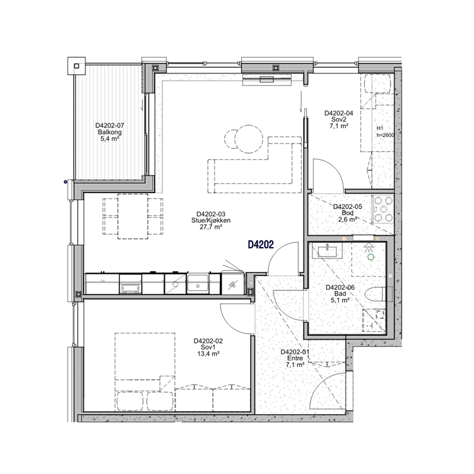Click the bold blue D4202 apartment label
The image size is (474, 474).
261,245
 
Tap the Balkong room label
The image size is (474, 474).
110,132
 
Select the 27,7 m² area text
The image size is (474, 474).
211,227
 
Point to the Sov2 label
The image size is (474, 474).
338,120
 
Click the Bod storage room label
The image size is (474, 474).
347,213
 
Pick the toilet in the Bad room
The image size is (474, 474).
374,294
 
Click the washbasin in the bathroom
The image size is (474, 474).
327,251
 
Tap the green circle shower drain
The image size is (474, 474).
371,257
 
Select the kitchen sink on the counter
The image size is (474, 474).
198,284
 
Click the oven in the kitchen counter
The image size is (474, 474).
130,284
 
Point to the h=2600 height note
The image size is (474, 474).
385,135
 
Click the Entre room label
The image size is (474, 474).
294,358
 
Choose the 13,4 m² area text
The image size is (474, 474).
208,354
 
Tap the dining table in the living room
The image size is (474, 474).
133,216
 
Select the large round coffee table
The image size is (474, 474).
249,139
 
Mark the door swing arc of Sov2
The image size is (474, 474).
334,168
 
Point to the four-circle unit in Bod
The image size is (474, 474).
383,209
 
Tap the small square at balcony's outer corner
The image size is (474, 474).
76,66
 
